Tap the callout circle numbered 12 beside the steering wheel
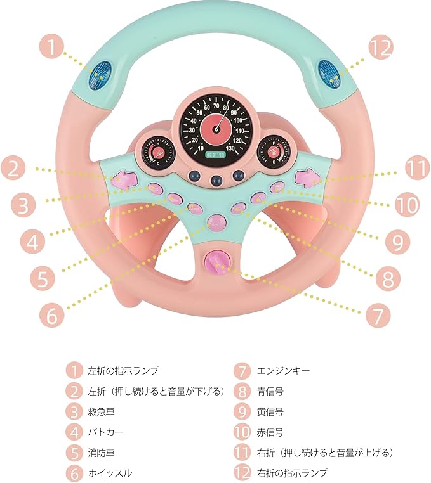pyautogui.click(x=380, y=47)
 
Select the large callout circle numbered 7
pyautogui.click(x=377, y=312)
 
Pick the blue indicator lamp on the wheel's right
pyautogui.click(x=329, y=72)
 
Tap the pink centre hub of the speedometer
pyautogui.click(x=215, y=129)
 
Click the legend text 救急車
pyautogui.click(x=101, y=411)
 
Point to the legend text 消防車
pyautogui.click(x=101, y=453)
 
